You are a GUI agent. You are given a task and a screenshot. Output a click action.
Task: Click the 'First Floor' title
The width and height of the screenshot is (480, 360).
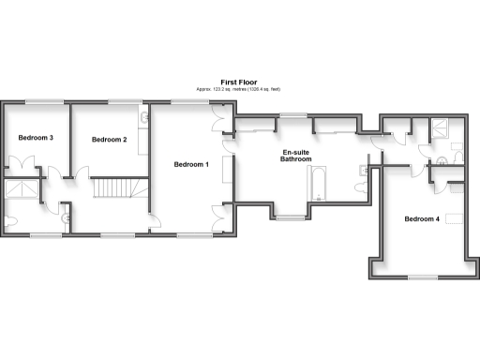point(238,82)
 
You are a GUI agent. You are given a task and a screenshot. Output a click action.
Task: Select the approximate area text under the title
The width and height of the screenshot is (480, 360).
point(238,89)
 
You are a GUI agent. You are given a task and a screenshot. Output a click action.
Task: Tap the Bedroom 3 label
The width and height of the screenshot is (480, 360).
point(35,138)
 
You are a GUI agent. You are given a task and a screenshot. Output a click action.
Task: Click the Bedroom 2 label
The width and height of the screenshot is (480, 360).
point(109,140)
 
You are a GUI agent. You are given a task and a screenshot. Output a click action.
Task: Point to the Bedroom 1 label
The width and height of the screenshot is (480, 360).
point(191,164)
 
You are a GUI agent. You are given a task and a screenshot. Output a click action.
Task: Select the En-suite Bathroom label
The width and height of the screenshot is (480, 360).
point(296,156)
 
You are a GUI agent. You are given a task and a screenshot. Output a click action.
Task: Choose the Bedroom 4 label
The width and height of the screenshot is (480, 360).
point(421,219)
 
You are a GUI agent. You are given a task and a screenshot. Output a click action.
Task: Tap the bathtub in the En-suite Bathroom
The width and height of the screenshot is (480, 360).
point(317,183)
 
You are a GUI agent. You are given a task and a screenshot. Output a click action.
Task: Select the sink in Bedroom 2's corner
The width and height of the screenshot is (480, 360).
point(145,119)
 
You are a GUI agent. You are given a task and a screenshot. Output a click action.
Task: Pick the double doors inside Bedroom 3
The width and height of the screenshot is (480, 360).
point(38,172)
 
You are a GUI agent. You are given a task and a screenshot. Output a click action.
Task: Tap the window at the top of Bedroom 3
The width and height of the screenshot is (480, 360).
point(38,101)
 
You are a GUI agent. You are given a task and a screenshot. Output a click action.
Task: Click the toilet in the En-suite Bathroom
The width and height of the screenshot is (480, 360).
point(361,187)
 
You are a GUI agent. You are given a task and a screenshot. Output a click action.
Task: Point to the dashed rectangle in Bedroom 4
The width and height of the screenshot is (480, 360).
point(457,218)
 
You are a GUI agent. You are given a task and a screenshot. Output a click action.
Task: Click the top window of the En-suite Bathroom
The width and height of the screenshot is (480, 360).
point(293,115)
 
